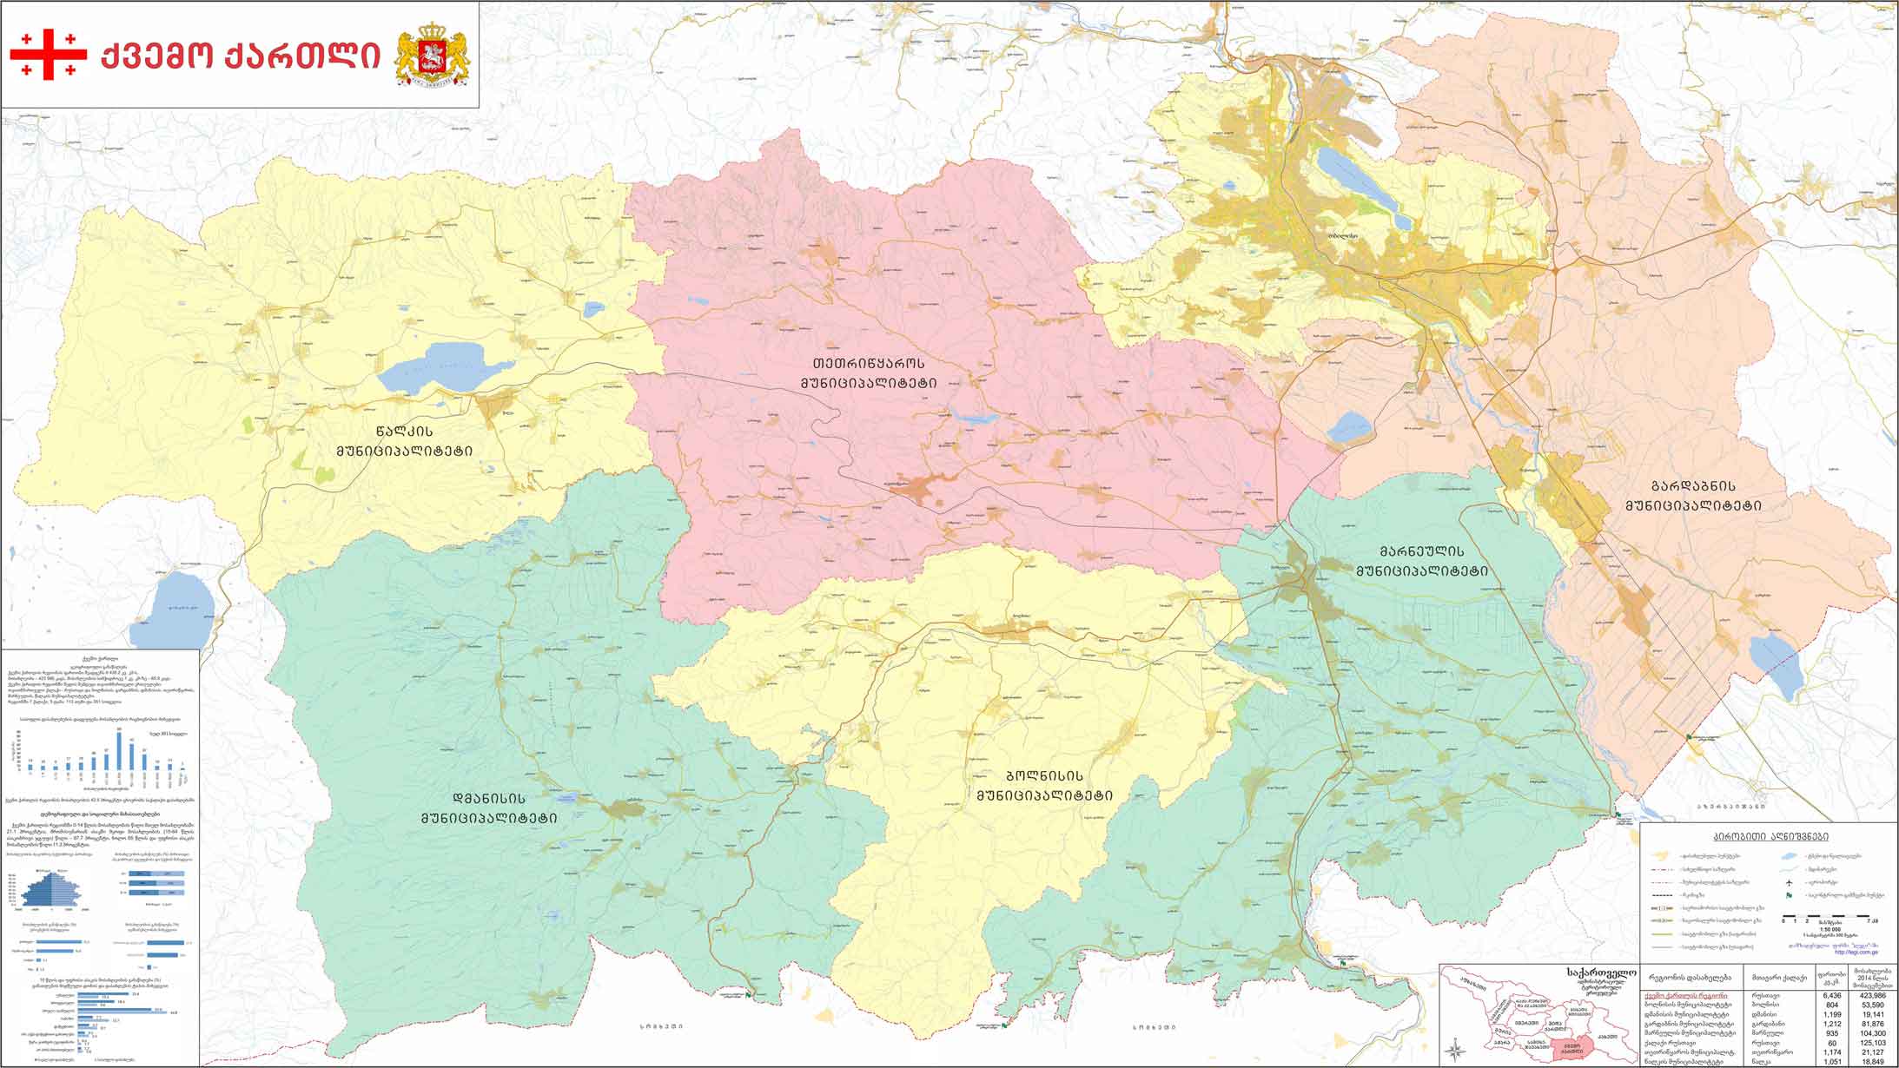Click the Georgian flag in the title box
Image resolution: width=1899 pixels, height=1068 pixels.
pyautogui.click(x=49, y=54)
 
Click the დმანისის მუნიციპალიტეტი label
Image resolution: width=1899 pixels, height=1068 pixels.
pyautogui.click(x=489, y=808)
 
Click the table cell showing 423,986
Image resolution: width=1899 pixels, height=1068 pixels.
pyautogui.click(x=1873, y=996)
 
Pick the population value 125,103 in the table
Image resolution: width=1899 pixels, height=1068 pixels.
pyautogui.click(x=1873, y=1043)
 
